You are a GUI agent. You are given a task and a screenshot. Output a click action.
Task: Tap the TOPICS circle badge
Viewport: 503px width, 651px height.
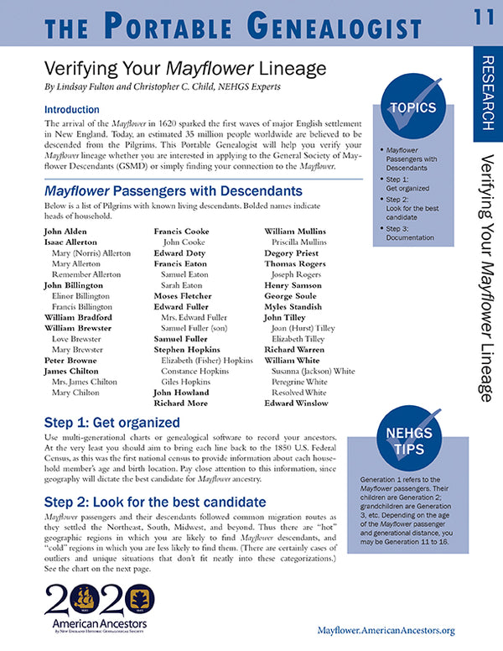pyautogui.click(x=412, y=107)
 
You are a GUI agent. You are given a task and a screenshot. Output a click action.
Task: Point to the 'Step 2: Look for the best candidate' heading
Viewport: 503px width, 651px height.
pyautogui.click(x=154, y=503)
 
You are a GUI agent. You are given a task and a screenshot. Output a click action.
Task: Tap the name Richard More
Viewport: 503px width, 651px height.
pyautogui.click(x=180, y=404)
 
